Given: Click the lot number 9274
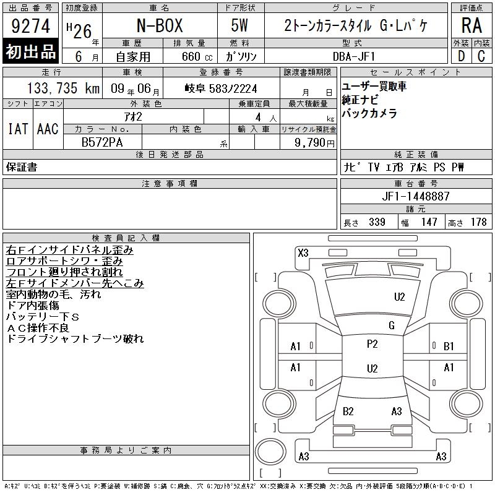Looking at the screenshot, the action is pos(30,26).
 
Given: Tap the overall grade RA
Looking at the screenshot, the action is pos(471,25).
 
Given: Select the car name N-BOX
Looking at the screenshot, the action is pos(160,25).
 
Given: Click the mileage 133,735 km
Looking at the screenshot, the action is pos(63,88).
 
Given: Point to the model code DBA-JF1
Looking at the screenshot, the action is pos(353,56).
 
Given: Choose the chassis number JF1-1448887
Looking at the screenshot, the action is pos(416,196).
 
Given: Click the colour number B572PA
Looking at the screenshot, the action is pos(102,142).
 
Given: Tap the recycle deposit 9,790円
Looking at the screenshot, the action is pos(314,143).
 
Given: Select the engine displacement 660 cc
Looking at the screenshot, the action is pos(197,56).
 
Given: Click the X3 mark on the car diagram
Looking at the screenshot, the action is pos(303,253).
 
